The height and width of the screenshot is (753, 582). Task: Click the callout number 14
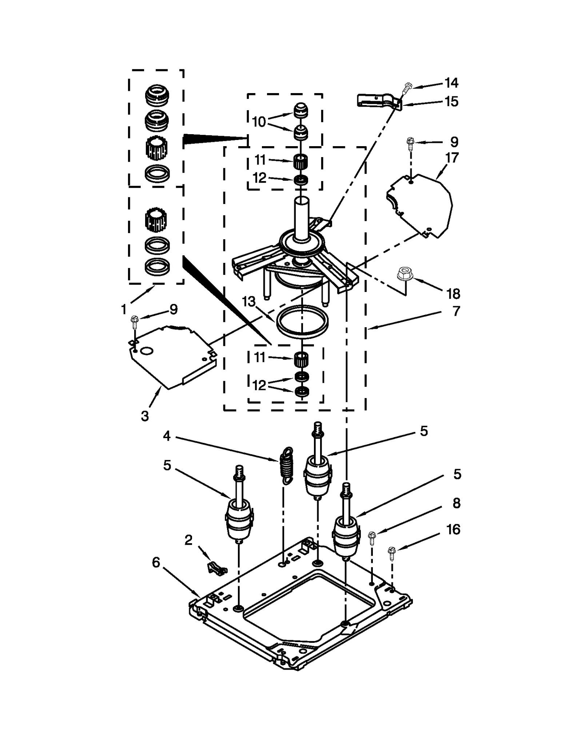[x=451, y=83]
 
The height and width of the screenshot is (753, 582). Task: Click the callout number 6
[x=156, y=562]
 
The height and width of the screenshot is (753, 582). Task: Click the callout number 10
[x=259, y=122]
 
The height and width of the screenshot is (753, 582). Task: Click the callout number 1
[x=124, y=309]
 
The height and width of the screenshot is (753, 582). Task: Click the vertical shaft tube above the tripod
[x=301, y=218]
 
